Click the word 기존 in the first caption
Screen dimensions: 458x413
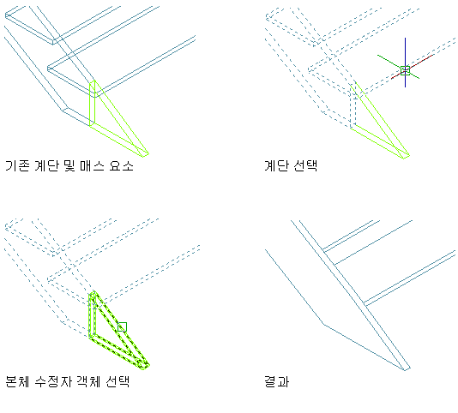pyautogui.click(x=17, y=165)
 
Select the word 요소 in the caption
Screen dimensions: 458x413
pyautogui.click(x=122, y=165)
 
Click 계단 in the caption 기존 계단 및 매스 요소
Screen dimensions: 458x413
pyautogui.click(x=46, y=165)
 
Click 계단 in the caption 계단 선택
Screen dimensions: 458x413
pyautogui.click(x=276, y=165)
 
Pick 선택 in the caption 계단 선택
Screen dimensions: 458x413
pyautogui.click(x=305, y=165)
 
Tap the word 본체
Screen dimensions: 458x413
pyautogui.click(x=17, y=381)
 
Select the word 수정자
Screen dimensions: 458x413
pyautogui.click(x=53, y=381)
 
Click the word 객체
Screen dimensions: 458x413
pyautogui.click(x=88, y=381)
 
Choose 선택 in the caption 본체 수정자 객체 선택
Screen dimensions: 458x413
pyautogui.click(x=118, y=381)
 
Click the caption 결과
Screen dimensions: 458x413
pyautogui.click(x=276, y=381)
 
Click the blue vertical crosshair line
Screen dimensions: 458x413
pyautogui.click(x=405, y=63)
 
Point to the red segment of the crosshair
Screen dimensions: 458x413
pyautogui.click(x=412, y=67)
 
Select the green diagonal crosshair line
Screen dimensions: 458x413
pyautogui.click(x=399, y=67)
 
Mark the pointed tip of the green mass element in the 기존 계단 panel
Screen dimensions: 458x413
pyautogui.click(x=148, y=153)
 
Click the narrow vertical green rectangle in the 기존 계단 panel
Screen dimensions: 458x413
pyautogui.click(x=93, y=104)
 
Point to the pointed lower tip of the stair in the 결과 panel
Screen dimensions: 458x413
pyautogui.click(x=406, y=370)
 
